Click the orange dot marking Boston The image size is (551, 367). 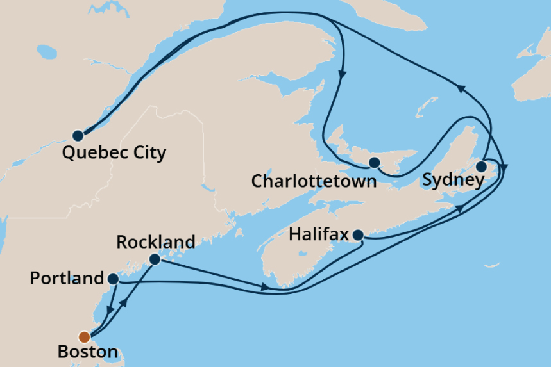(x=84, y=337)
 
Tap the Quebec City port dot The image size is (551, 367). (x=78, y=136)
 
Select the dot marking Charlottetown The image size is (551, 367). (x=375, y=162)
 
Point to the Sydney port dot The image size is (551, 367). (x=481, y=167)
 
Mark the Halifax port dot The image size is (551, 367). (x=359, y=234)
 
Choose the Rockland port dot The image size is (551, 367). (x=154, y=259)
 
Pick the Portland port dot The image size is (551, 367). (x=113, y=279)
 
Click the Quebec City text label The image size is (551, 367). (x=114, y=152)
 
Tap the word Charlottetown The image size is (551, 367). (x=314, y=181)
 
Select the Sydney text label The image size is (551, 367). (x=453, y=180)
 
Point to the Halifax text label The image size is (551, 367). (x=318, y=234)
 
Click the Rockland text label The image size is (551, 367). (x=156, y=241)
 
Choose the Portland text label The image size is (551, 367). (x=67, y=279)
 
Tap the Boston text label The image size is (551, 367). (x=87, y=352)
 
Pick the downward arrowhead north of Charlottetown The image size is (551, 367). (x=342, y=74)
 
